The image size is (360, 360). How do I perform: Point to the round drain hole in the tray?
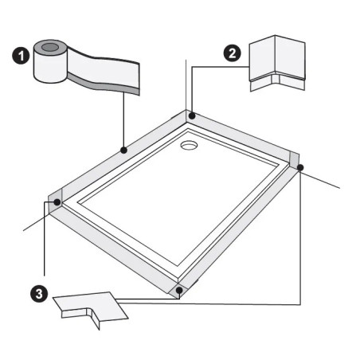[189, 145]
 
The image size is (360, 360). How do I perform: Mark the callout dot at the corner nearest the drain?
[191, 116]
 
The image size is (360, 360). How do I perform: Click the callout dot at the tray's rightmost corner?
[299, 167]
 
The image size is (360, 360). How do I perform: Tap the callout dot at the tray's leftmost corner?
[57, 202]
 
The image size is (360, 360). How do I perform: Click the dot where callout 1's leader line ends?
[123, 149]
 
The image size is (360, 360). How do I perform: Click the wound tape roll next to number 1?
[49, 62]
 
